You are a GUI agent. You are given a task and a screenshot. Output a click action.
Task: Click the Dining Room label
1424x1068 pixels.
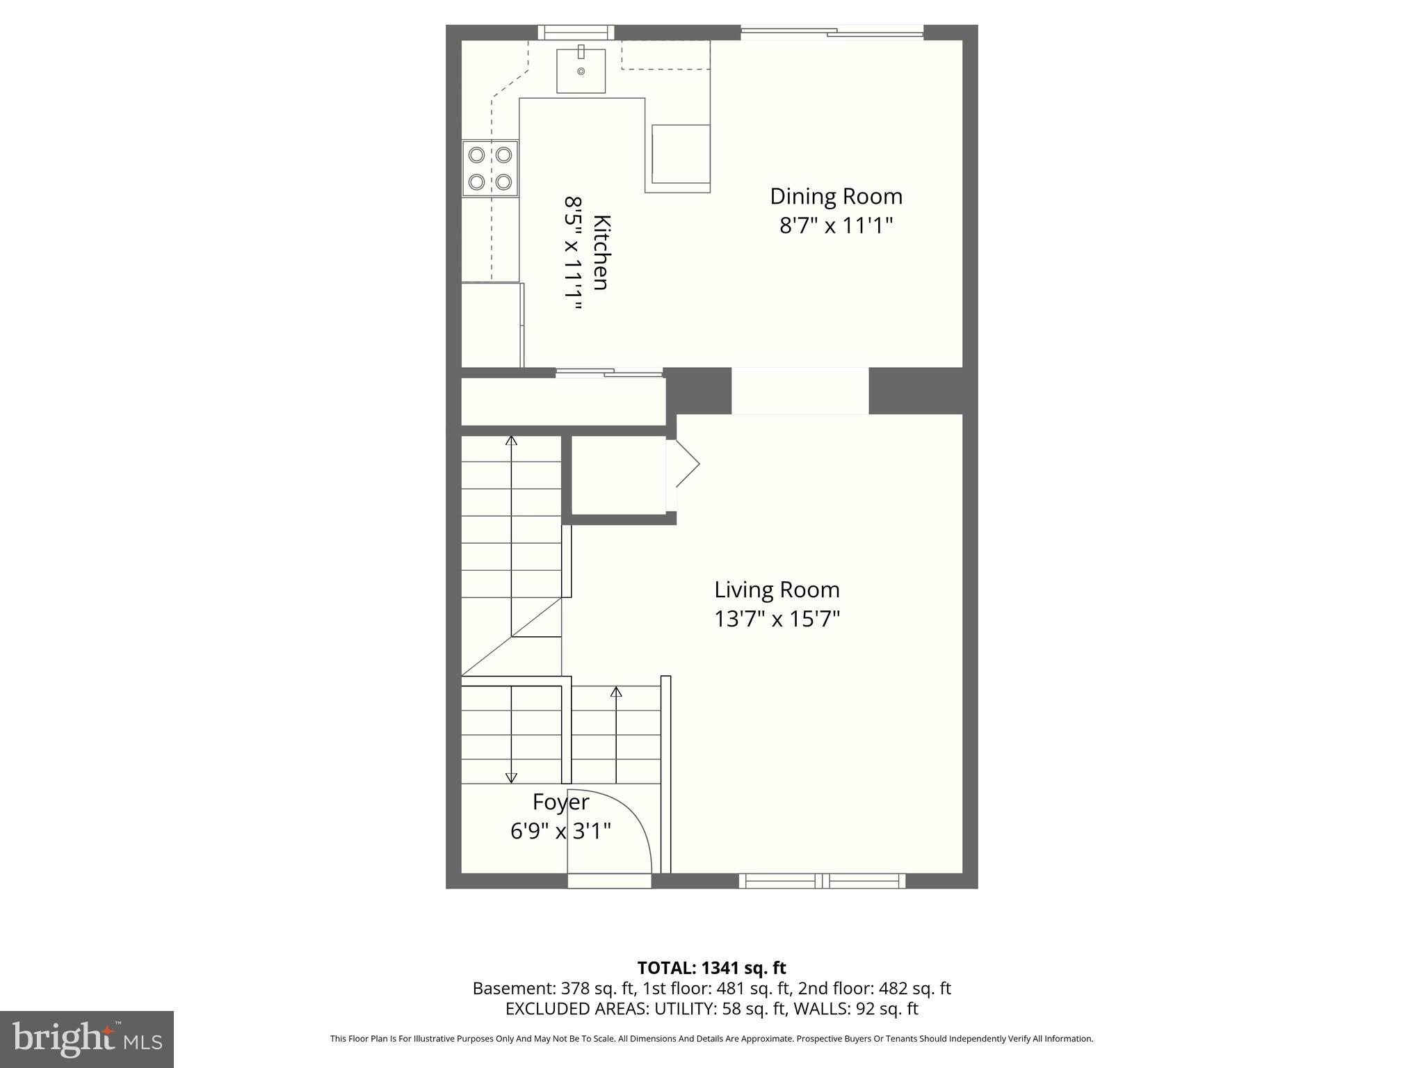[836, 197]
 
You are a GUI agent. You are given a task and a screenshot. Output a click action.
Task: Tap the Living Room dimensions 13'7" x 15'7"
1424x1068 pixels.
[777, 619]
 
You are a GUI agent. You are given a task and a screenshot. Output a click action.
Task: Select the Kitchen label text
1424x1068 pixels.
[601, 252]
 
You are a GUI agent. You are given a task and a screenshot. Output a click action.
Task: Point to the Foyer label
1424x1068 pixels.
[560, 802]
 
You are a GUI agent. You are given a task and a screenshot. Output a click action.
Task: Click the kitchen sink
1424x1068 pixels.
[581, 70]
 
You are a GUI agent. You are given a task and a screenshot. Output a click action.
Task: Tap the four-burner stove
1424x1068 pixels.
[490, 168]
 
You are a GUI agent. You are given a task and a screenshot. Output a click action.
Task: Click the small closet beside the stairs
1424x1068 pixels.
[618, 476]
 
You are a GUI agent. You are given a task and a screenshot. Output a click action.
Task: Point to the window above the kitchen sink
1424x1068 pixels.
[576, 32]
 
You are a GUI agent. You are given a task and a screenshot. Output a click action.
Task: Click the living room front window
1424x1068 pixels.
[822, 881]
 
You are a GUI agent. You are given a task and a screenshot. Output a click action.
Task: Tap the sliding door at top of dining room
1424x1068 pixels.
[832, 32]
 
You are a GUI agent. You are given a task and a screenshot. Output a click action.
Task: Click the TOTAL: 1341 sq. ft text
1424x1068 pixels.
[711, 968]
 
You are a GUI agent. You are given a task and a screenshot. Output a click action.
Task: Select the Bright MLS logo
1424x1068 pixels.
[87, 1039]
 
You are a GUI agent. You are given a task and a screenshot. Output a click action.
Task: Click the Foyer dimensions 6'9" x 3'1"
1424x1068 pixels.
[560, 831]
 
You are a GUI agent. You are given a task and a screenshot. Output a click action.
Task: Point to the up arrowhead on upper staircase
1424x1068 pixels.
[511, 440]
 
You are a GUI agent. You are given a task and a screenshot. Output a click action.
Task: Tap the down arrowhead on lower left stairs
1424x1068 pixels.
[511, 778]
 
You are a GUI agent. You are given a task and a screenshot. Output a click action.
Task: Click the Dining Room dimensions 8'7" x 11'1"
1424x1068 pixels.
[836, 226]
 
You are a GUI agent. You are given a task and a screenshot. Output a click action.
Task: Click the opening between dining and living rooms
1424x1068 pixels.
[800, 391]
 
